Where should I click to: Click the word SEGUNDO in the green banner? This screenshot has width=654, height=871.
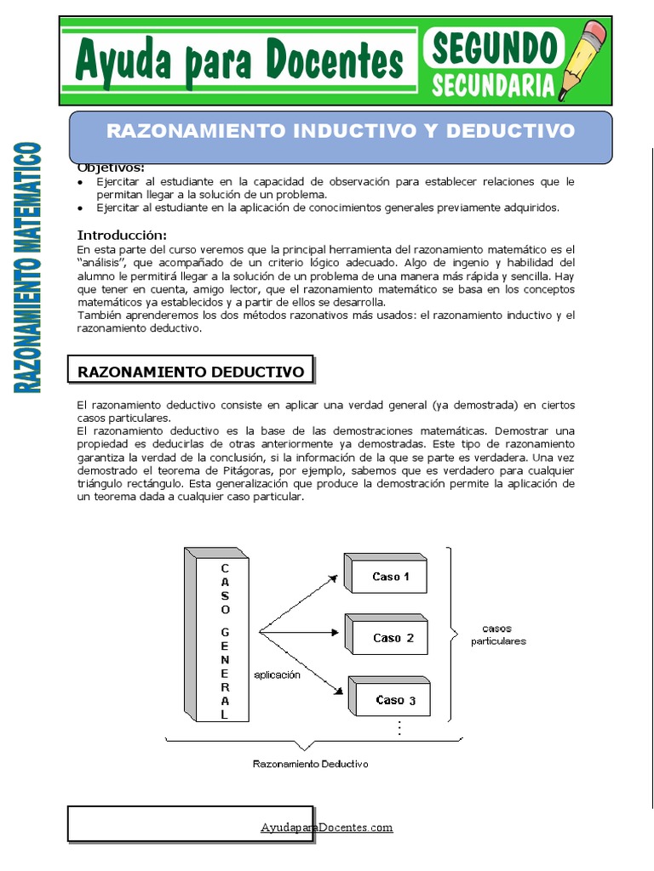pyautogui.click(x=494, y=48)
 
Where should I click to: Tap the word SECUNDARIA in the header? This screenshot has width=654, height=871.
pyautogui.click(x=493, y=85)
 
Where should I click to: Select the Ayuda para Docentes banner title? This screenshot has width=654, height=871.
pyautogui.click(x=238, y=61)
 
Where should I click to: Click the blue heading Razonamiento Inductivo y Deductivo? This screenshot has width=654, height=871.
pyautogui.click(x=341, y=132)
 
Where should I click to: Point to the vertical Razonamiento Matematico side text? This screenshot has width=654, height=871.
pyautogui.click(x=28, y=268)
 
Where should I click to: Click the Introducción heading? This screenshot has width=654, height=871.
pyautogui.click(x=122, y=235)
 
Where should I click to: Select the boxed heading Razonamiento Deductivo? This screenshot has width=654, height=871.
pyautogui.click(x=191, y=372)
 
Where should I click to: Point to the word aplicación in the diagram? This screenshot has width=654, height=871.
pyautogui.click(x=278, y=674)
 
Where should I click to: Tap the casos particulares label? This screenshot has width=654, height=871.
pyautogui.click(x=498, y=635)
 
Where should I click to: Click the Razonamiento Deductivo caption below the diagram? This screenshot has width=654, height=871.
pyautogui.click(x=311, y=764)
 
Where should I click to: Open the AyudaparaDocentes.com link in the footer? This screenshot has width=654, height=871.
pyautogui.click(x=326, y=827)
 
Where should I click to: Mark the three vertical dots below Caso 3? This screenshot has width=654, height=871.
pyautogui.click(x=398, y=728)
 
